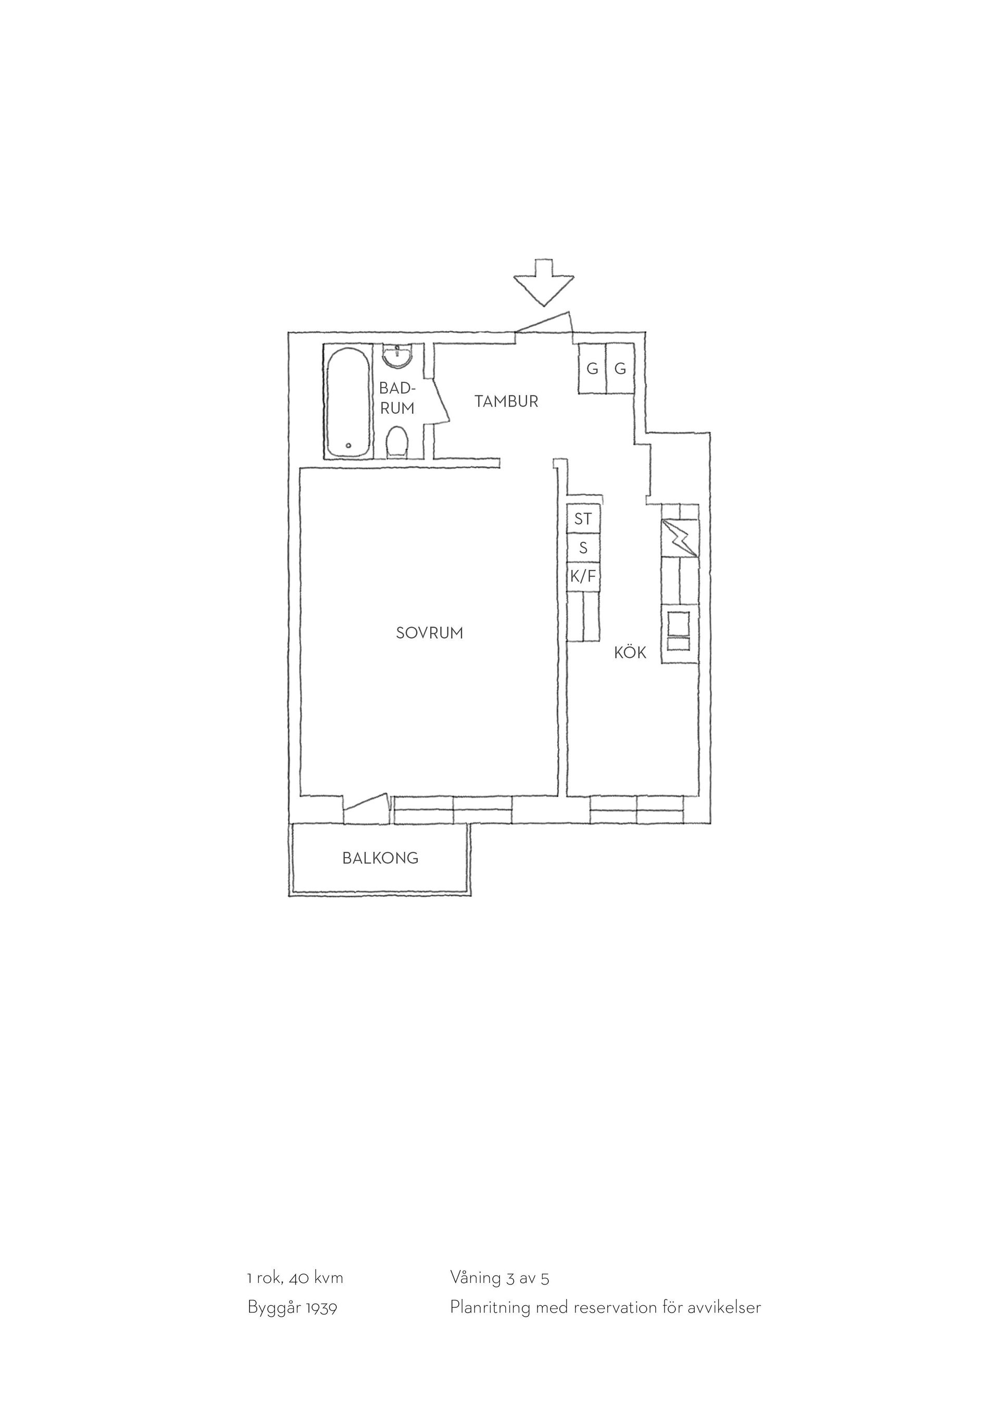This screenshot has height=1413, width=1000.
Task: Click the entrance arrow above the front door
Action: [544, 283]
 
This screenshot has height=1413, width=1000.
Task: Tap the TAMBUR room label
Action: [506, 401]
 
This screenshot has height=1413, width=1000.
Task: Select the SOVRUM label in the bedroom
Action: [429, 633]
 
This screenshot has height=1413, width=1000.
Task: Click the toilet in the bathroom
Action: [397, 444]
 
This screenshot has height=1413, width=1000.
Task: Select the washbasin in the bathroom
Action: [397, 357]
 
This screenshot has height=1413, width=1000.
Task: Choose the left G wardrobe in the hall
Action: [592, 368]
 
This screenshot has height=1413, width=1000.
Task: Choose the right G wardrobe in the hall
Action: [621, 368]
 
